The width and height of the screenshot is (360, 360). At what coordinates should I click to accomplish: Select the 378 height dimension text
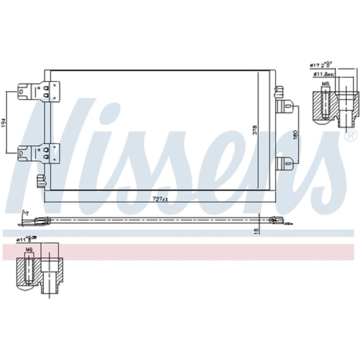[255, 130]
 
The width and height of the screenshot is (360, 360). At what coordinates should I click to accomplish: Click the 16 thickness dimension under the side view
[256, 230]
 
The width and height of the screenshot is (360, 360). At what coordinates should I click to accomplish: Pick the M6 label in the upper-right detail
[325, 84]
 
